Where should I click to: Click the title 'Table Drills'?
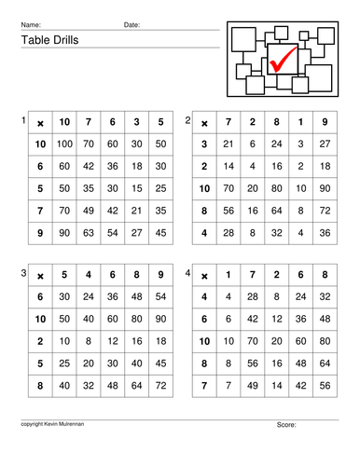(47, 40)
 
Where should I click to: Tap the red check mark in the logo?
(283, 62)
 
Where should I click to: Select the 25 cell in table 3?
(64, 360)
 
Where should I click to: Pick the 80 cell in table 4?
(325, 339)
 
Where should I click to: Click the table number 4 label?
(188, 274)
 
